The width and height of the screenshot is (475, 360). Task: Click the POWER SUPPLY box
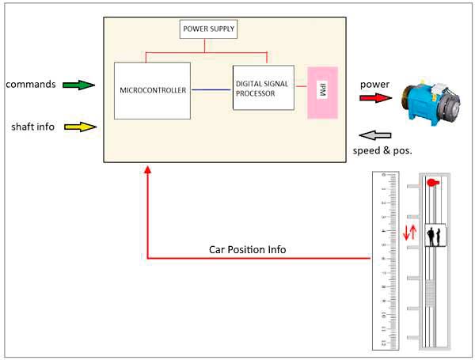coord(209,30)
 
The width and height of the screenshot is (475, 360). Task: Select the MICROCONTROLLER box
coord(153,90)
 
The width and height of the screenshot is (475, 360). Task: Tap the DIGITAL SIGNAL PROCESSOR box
coord(263,88)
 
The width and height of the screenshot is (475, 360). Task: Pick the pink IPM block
coord(323,92)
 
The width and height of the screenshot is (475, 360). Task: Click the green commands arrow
coord(78,83)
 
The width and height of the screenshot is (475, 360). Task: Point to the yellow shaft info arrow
coord(78,126)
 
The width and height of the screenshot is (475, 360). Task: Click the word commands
coord(29,84)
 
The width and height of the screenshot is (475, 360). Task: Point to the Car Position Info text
coord(247,249)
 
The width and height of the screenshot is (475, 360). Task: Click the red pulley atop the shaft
coord(432,182)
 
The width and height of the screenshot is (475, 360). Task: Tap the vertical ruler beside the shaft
coord(383,261)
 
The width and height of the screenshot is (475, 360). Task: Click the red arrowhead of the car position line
coord(148,169)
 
